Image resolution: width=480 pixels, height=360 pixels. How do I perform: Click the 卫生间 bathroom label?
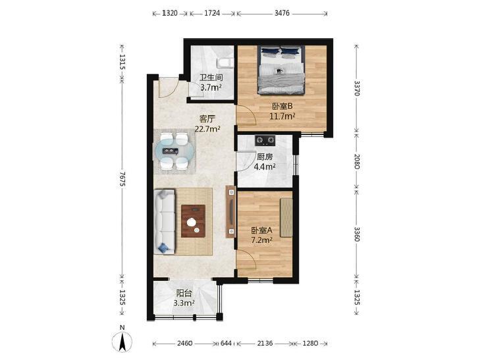point(211,78)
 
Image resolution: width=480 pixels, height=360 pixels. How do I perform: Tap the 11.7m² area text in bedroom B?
point(282,116)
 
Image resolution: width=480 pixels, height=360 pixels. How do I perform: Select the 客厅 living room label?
point(207,118)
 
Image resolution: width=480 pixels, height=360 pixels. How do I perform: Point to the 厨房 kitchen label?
point(265,157)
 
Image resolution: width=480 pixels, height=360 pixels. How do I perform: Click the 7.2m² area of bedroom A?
point(262,240)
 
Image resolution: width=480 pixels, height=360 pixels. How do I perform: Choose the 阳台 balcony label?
point(184,294)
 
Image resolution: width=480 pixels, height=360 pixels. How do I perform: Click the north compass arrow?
point(122,342)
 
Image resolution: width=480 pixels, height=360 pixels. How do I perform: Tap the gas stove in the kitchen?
point(265,140)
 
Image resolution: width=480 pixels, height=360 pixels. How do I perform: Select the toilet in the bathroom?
point(225,63)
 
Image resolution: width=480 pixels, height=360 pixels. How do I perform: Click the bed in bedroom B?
point(281,70)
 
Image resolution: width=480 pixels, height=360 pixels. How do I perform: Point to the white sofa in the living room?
point(165,222)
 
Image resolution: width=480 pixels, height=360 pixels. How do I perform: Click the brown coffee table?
point(193,221)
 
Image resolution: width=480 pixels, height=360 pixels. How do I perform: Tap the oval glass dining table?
point(174,151)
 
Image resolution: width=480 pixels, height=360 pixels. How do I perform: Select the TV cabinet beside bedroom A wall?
point(231,212)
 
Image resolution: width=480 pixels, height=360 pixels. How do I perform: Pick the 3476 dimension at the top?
point(282,13)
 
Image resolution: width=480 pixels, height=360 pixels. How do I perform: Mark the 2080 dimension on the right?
point(356,161)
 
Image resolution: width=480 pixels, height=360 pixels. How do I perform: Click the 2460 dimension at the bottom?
point(185,343)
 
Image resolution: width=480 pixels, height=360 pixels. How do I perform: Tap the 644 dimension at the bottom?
point(227,343)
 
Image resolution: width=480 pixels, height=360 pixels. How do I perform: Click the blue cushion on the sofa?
point(163,247)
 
